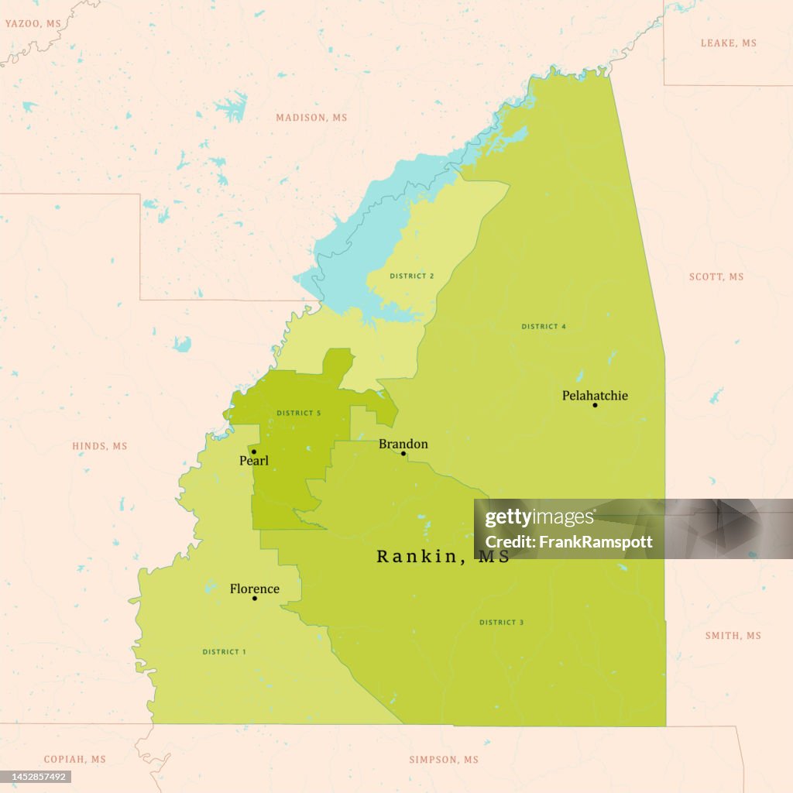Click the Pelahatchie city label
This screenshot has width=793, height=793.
tap(595, 396)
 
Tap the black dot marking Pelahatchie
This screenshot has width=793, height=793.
tap(595, 405)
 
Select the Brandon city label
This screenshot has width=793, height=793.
tap(403, 444)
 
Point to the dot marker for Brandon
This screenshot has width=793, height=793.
tap(403, 454)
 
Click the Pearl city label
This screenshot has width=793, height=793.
tap(254, 461)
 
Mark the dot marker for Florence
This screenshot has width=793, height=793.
tap(254, 598)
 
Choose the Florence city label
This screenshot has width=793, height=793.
tap(254, 589)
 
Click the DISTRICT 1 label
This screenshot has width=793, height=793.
tap(224, 652)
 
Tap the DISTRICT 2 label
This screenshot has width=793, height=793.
tap(411, 276)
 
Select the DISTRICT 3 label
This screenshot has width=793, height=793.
tap(501, 623)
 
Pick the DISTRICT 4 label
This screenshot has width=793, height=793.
tap(543, 327)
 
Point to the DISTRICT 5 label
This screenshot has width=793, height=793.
tap(298, 414)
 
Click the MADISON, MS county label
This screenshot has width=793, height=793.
tap(311, 118)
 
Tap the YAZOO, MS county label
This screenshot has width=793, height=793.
tap(33, 24)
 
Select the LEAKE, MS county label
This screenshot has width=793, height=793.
tap(728, 43)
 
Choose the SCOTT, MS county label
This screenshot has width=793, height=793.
tap(716, 277)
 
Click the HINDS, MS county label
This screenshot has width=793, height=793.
tap(99, 446)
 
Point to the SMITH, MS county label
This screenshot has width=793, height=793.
tap(733, 636)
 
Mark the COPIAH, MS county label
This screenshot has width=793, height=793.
tap(74, 760)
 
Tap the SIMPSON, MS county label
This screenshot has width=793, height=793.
tap(444, 760)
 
